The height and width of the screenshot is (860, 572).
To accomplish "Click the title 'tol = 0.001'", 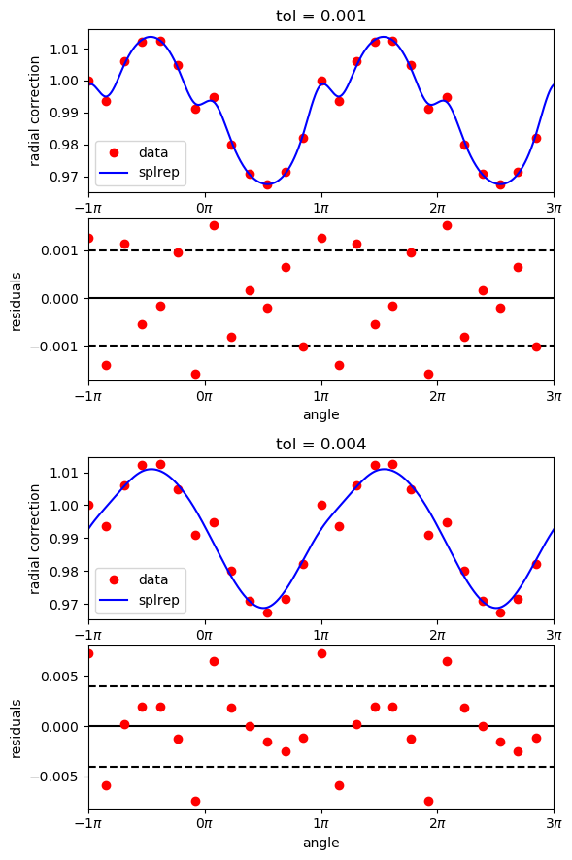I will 320,16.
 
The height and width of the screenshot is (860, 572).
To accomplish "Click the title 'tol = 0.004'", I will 320,444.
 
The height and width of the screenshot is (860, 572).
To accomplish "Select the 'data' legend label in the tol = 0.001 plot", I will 152,152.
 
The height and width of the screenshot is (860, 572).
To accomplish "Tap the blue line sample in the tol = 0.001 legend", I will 117,172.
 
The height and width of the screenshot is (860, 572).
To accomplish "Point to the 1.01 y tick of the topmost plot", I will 66,49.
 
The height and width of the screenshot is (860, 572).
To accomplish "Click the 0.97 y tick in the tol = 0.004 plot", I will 66,605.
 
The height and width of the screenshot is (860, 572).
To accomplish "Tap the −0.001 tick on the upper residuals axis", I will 58,346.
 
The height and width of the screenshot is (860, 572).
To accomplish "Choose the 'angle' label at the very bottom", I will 320,843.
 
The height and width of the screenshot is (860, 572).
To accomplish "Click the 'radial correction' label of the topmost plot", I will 35,111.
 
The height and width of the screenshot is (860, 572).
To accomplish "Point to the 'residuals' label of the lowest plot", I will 16,726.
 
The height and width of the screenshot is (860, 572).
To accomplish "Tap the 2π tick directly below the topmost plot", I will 437,207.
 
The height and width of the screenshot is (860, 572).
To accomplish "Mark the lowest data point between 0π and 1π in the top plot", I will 267,184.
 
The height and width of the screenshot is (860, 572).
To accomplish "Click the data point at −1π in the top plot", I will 88,81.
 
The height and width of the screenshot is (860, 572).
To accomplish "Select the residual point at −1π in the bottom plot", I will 88,653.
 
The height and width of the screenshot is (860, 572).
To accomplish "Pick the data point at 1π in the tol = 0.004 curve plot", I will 321,505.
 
